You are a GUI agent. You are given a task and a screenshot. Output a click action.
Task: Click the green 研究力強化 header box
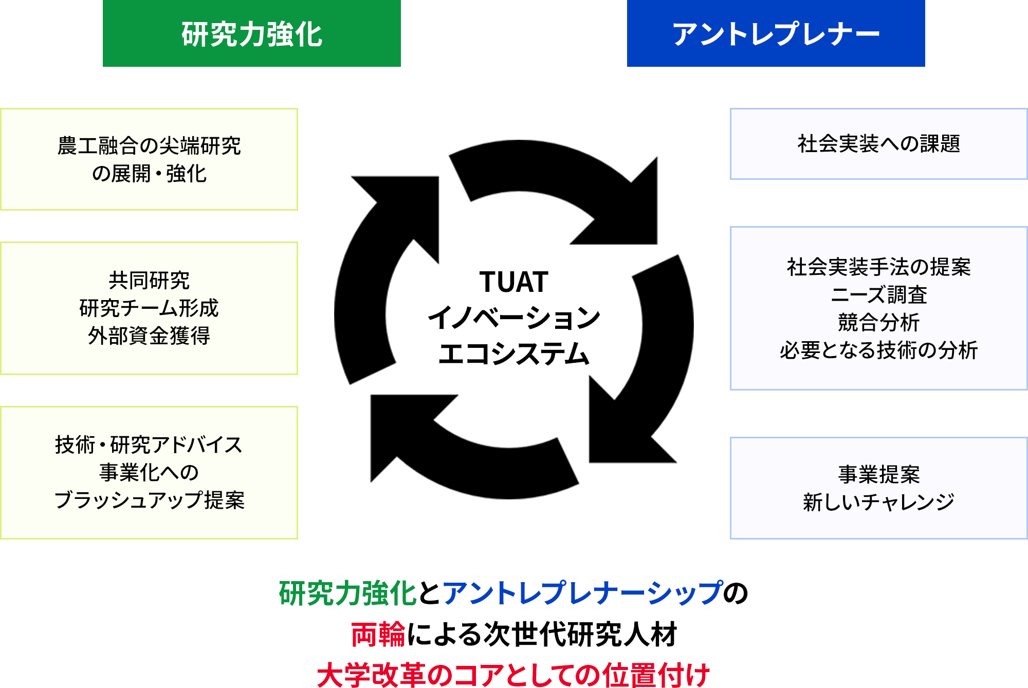252,33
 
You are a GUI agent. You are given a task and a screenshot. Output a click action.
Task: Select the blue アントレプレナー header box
776,33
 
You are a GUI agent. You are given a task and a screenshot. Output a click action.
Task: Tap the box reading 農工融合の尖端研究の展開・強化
149,159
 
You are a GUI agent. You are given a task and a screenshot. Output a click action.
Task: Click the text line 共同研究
149,281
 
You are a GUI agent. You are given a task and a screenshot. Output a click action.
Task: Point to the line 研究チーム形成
149,308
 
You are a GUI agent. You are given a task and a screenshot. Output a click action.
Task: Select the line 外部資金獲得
149,336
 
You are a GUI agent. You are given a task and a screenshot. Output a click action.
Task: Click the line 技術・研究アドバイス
149,445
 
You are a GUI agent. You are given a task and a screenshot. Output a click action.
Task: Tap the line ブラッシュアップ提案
149,500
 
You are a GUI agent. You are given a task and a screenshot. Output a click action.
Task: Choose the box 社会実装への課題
879,144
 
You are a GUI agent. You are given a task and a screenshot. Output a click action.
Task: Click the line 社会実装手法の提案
879,267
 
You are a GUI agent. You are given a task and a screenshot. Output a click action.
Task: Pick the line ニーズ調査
879,295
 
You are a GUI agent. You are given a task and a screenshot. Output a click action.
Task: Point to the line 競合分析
879,323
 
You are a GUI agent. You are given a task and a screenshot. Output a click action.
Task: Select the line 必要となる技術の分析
879,350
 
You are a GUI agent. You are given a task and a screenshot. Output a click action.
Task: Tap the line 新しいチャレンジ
879,502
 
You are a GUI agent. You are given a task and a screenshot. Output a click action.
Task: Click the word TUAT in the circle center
514,282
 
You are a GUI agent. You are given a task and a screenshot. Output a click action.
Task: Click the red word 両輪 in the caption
378,635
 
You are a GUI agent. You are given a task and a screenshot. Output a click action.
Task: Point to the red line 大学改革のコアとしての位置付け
514,675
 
